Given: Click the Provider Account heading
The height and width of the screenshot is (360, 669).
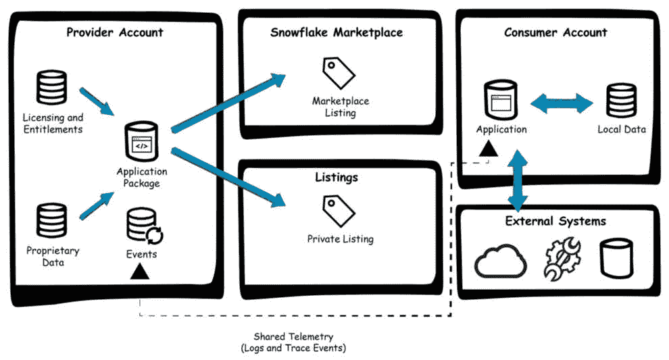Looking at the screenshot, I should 114,32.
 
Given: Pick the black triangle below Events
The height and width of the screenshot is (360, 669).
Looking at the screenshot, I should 140,272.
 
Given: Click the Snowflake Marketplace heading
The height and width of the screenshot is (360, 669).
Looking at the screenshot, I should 336,32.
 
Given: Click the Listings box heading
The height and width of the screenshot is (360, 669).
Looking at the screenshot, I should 336,178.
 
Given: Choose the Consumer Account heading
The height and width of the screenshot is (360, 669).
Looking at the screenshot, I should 555,32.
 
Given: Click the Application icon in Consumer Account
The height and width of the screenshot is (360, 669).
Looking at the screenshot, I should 501,100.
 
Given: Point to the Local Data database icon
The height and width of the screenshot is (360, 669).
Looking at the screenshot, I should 621,100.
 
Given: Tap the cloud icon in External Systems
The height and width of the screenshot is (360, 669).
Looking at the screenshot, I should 500,261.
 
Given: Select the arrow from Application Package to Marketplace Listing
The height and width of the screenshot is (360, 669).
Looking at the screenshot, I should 230,101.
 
